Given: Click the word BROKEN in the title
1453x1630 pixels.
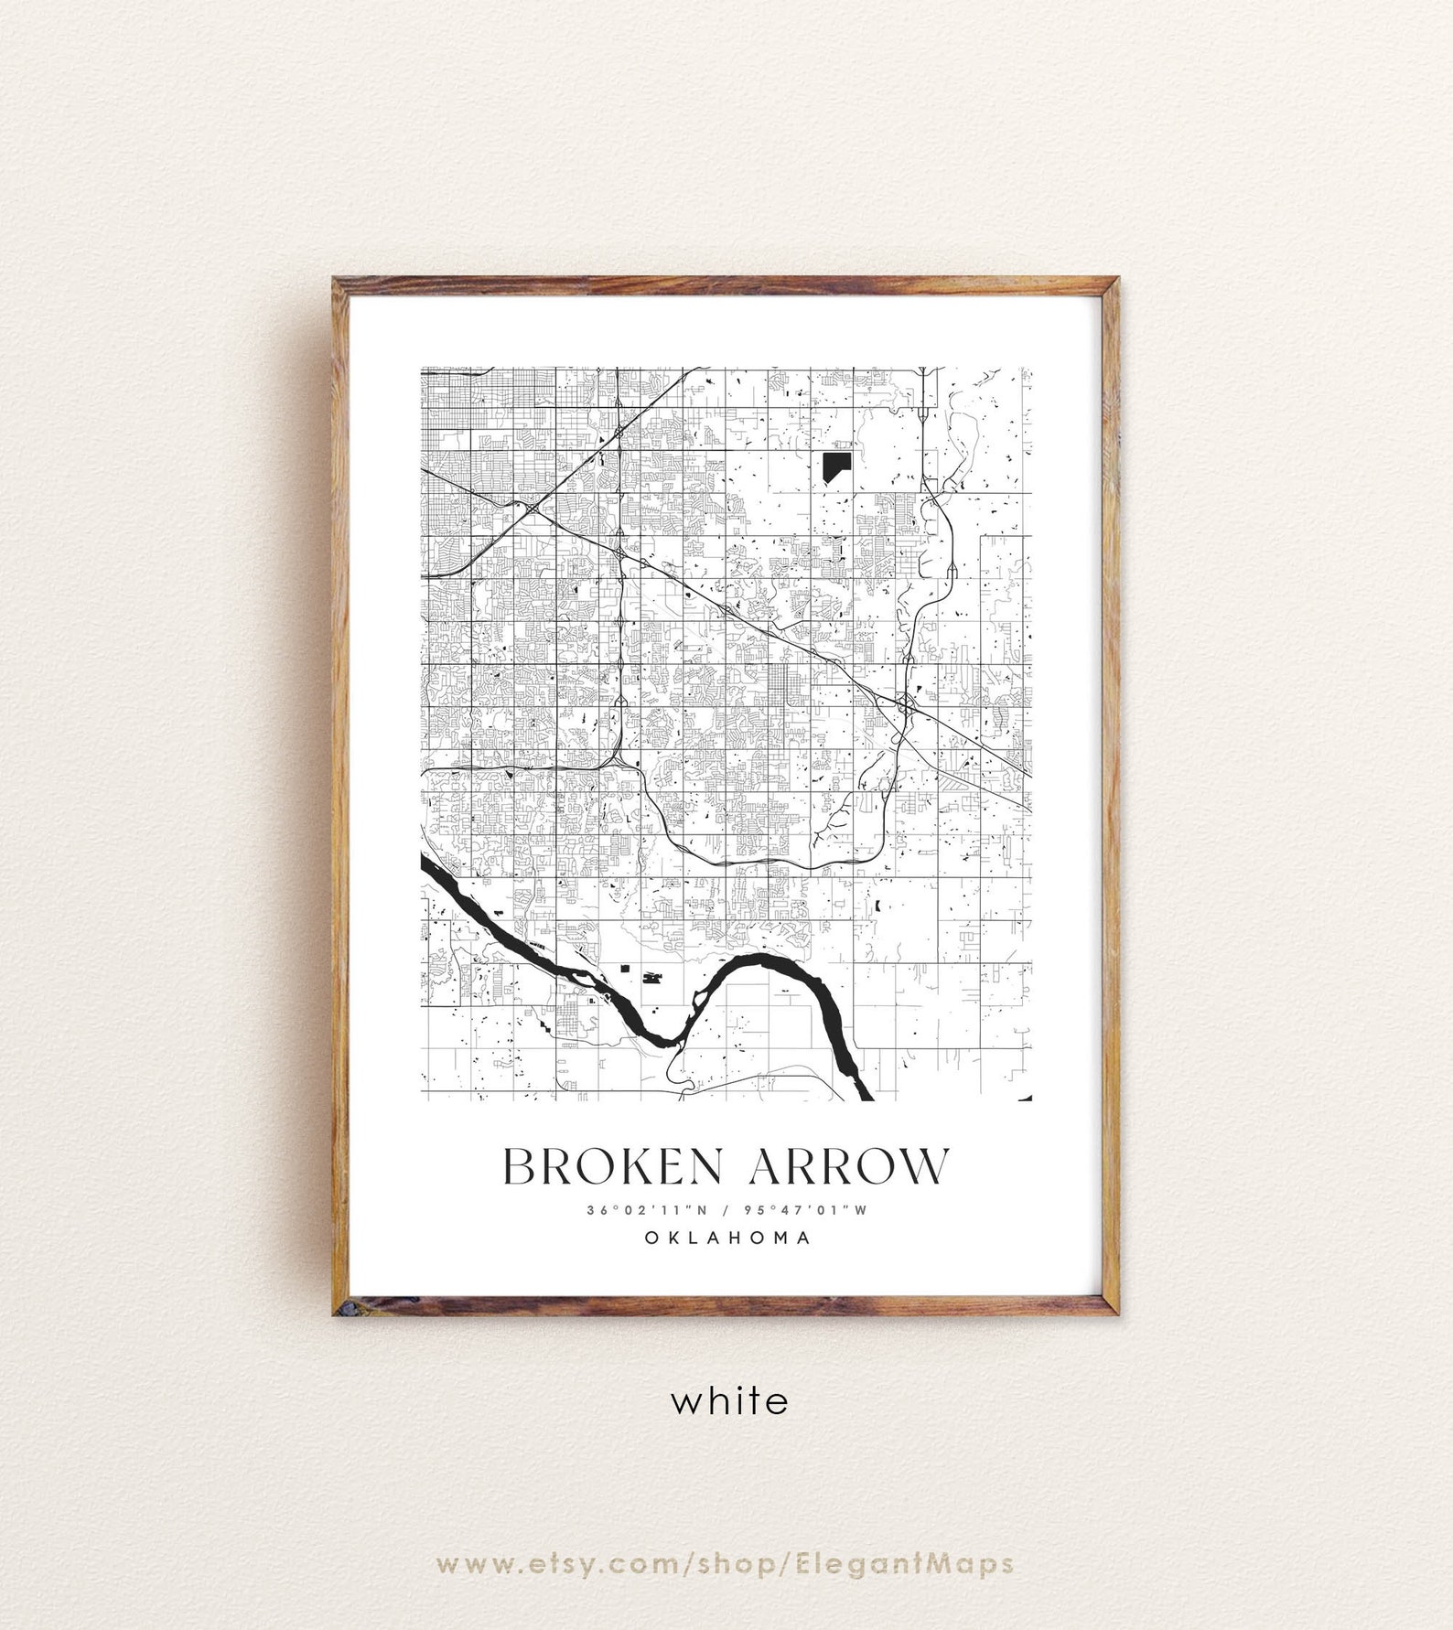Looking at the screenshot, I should [616, 1166].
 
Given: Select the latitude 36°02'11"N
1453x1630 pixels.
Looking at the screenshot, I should [648, 1210].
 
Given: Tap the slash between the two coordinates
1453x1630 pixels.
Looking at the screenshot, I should [726, 1210].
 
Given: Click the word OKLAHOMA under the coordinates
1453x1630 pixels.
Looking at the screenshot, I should [727, 1238].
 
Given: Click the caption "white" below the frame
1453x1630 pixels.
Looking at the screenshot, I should [728, 1400].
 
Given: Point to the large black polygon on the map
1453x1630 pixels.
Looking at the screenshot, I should [834, 466].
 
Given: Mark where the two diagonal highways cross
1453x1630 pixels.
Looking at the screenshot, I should [532, 506].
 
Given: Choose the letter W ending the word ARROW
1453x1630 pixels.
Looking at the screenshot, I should [925, 1166].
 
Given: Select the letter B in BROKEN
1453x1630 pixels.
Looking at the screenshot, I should [521, 1166].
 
